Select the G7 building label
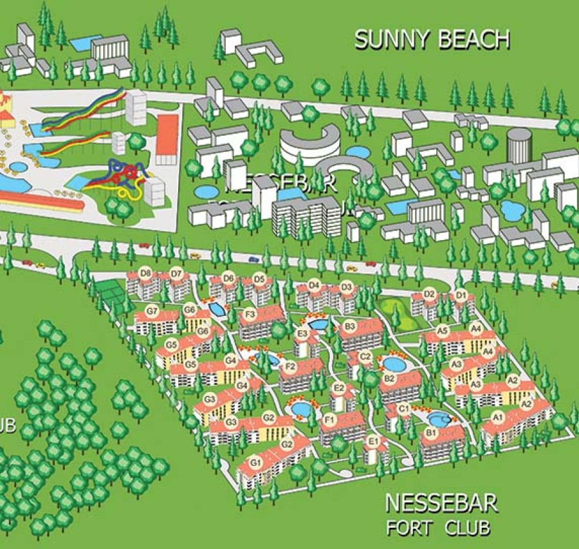pyautogui.click(x=152, y=312)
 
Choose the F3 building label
pyautogui.click(x=251, y=314)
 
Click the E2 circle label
pyautogui.click(x=340, y=387)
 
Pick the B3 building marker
pyautogui.click(x=350, y=327)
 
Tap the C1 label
pyautogui.click(x=405, y=409)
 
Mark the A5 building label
pyautogui.click(x=442, y=330)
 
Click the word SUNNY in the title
pyautogui.click(x=392, y=39)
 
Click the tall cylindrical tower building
pyautogui.click(x=519, y=144)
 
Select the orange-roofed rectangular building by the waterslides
pyautogui.click(x=167, y=138)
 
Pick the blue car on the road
pyautogui.click(x=253, y=259)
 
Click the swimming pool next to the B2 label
pyautogui.click(x=393, y=364)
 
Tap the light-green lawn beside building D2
pyautogui.click(x=394, y=310)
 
